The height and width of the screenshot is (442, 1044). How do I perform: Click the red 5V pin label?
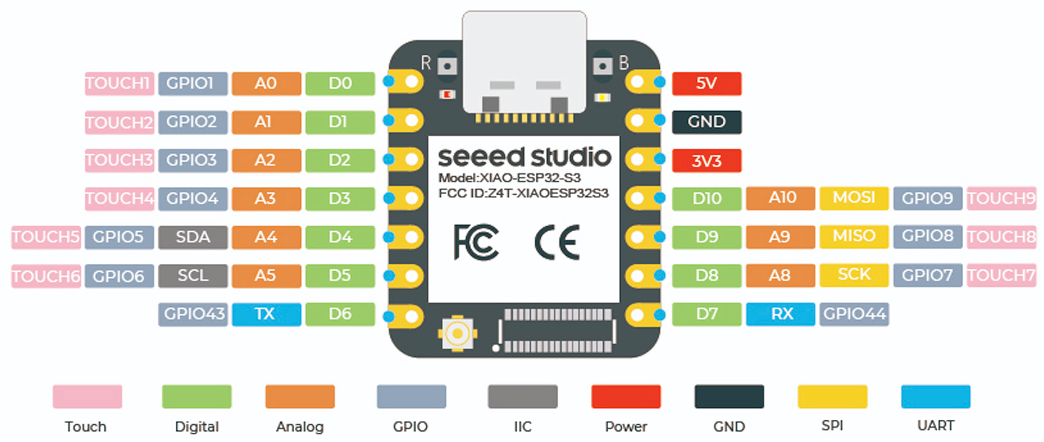[x=706, y=83]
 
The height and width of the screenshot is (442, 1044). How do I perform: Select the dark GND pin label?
[x=706, y=122]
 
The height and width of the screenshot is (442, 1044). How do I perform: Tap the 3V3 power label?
[x=706, y=161]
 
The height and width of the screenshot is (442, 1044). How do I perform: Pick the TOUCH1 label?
[x=118, y=83]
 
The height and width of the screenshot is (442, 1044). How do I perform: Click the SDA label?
[x=192, y=237]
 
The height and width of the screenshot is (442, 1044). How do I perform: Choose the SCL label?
[x=192, y=276]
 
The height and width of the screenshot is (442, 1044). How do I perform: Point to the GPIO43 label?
[x=194, y=314]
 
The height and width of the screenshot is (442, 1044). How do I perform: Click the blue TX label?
[x=266, y=314]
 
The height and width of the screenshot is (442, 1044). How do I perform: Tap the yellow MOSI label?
[x=853, y=198]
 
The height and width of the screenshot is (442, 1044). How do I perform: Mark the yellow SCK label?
[x=853, y=275]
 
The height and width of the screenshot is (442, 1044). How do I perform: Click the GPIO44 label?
[x=854, y=314]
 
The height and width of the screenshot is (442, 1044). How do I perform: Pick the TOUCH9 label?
[x=1001, y=198]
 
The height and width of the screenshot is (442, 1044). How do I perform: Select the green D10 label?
[x=706, y=198]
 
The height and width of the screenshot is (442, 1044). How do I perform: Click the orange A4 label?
[x=266, y=237]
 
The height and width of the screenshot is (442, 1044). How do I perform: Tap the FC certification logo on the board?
[x=475, y=242]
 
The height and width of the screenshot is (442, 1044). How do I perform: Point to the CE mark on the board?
[x=557, y=242]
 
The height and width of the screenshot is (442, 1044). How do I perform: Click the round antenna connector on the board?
[x=457, y=334]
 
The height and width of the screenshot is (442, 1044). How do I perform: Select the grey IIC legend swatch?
[x=522, y=396]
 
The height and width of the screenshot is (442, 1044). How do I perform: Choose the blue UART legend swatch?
[x=935, y=396]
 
